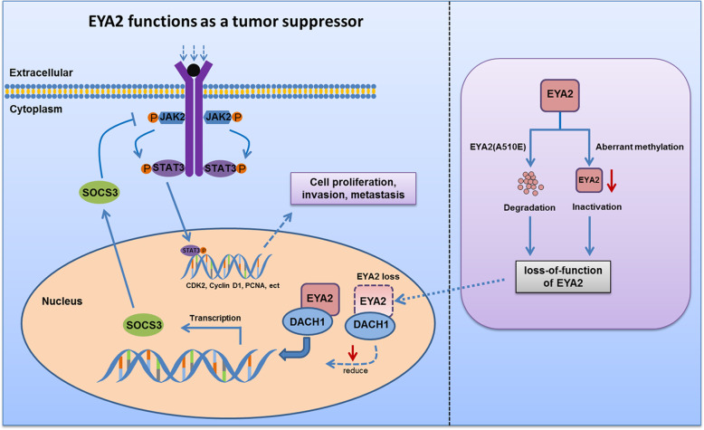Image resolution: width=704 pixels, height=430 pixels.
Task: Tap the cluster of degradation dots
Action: coord(525,185)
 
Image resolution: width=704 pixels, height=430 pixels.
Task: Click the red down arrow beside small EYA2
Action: coord(614,185)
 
